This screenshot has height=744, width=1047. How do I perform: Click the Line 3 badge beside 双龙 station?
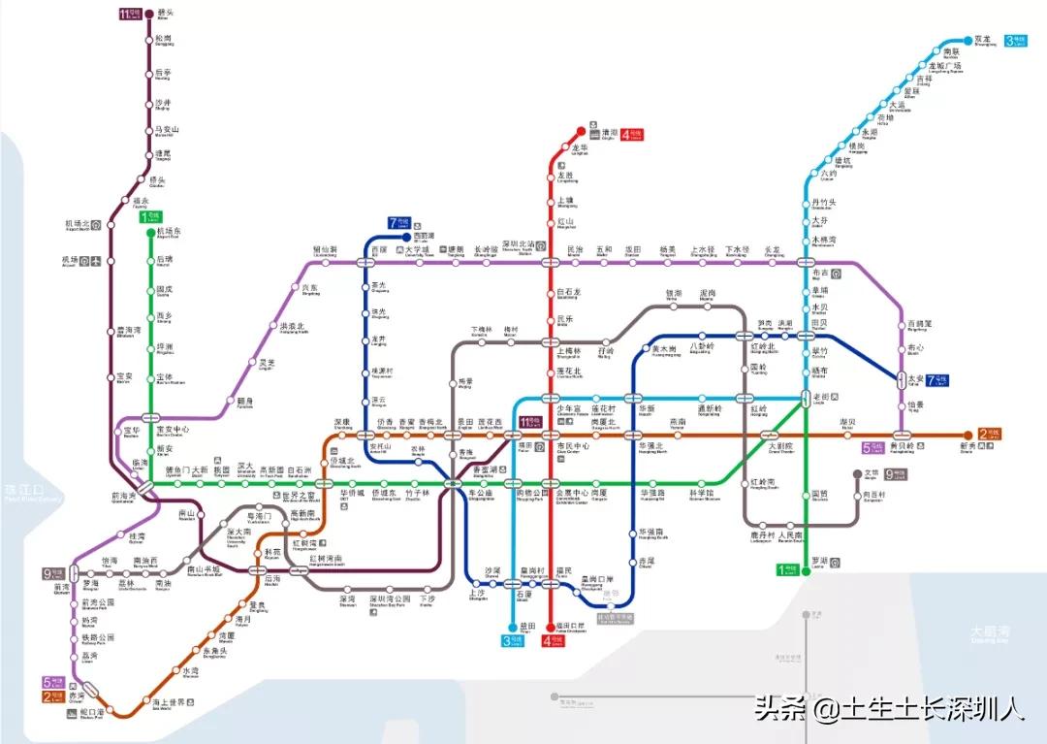1015,41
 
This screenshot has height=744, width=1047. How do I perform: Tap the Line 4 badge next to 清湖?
631,135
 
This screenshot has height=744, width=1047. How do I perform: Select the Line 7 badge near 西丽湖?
398,223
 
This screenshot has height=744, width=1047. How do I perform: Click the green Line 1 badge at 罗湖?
789,570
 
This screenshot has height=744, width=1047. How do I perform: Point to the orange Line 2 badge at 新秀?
990,436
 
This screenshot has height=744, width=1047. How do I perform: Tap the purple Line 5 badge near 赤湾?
55,683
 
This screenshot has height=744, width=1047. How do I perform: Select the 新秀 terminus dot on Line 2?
967,436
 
